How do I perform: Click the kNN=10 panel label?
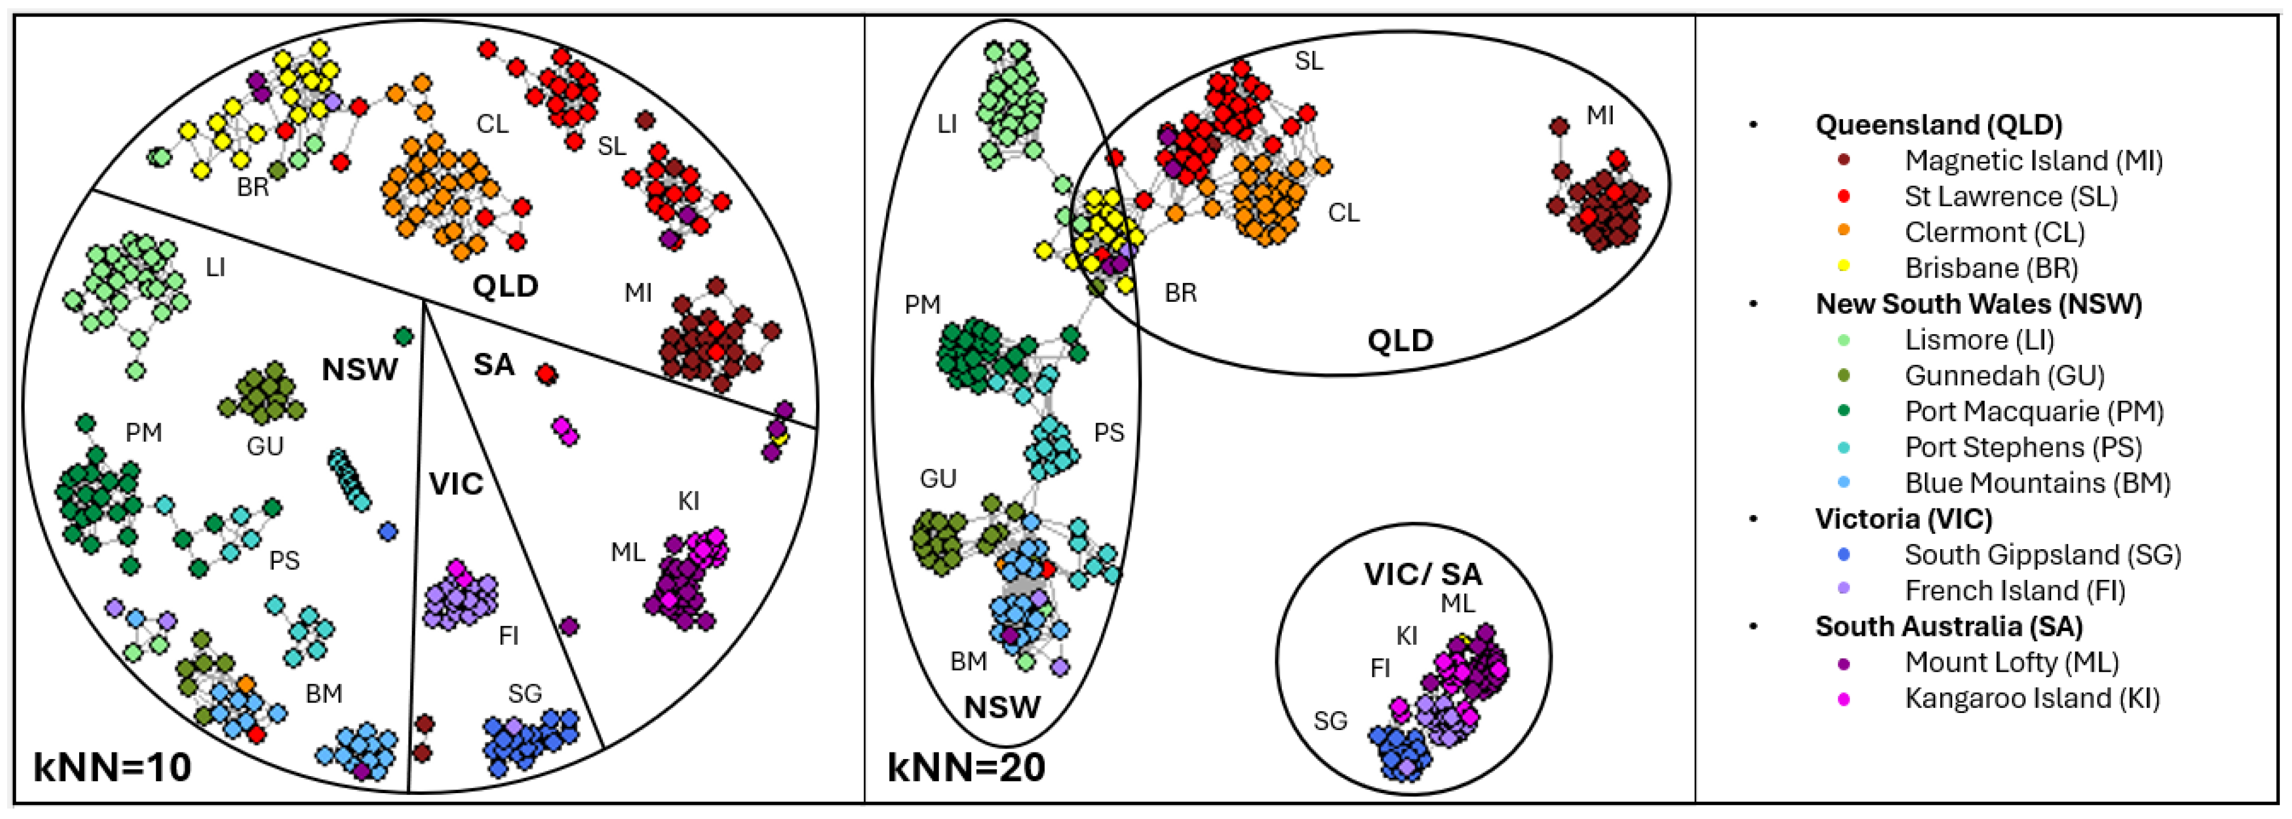[x=112, y=766]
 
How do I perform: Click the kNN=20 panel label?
[x=966, y=766]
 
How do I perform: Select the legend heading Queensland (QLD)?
[x=1939, y=125]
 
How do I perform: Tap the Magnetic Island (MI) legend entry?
[x=2033, y=161]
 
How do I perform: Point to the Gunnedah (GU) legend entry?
[x=2004, y=375]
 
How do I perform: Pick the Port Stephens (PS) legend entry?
[x=2023, y=447]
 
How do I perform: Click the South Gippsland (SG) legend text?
[x=2042, y=555]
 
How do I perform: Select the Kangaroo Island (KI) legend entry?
[x=2031, y=698]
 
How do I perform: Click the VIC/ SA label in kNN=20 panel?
[x=1422, y=574]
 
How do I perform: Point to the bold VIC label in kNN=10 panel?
[x=456, y=484]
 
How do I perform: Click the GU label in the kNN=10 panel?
[x=265, y=445]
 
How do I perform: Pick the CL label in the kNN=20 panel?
[x=1343, y=213]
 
